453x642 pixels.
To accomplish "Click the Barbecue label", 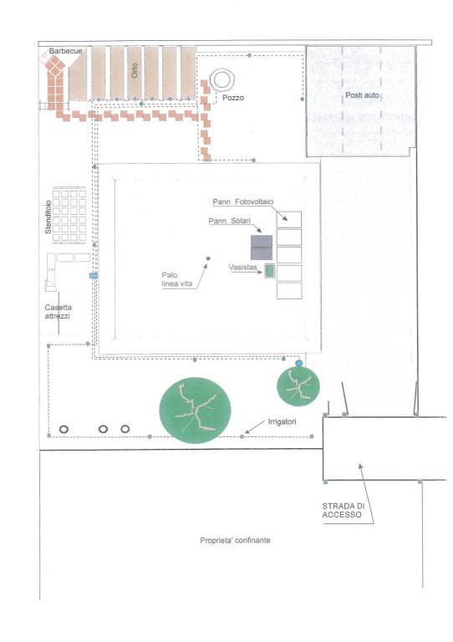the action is (x=65, y=51).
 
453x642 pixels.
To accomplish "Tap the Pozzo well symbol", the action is (x=222, y=80).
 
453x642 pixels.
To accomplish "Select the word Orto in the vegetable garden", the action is (x=135, y=70).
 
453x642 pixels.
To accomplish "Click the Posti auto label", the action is (x=362, y=95).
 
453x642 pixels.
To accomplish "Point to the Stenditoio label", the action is (x=48, y=217).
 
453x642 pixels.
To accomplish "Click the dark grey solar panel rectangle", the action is (x=262, y=247).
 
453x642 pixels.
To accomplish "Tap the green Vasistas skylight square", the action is (x=269, y=271).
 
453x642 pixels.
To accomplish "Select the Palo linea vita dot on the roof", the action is (x=208, y=258).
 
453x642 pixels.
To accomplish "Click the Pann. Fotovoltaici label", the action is (x=243, y=201).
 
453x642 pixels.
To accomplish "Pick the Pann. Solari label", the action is (x=230, y=221).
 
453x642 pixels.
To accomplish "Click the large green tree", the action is (x=195, y=410).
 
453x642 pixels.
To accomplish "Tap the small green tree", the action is (x=298, y=386).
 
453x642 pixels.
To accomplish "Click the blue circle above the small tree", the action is (x=299, y=363).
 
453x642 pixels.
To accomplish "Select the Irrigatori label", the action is (x=282, y=421).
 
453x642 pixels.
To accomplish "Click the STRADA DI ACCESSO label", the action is (x=343, y=511).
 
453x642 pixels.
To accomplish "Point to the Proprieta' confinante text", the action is (x=235, y=541).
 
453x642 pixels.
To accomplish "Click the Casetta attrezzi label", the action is (x=58, y=312).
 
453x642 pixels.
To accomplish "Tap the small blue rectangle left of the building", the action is (x=94, y=276).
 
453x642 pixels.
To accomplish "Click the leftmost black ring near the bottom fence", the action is (x=64, y=429).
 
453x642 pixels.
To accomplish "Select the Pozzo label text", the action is (x=233, y=98).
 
